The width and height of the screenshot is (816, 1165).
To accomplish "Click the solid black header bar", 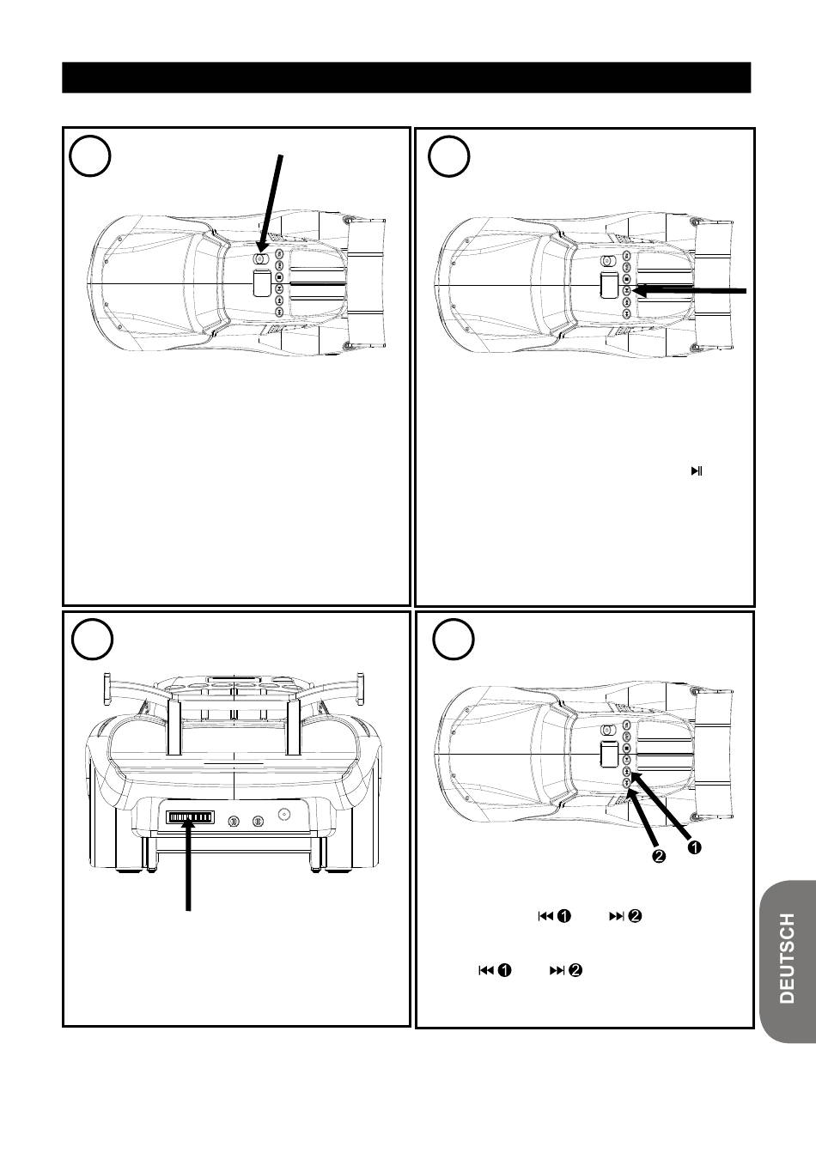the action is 406,77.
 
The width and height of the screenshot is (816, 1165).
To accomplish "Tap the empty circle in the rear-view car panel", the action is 92,640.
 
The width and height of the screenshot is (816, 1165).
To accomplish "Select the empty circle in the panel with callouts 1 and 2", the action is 454,640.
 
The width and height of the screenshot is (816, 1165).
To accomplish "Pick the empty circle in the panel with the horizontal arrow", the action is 448,156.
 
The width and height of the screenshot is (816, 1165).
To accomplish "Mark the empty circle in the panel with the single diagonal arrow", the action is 90,156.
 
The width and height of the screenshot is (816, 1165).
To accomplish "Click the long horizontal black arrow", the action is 689,291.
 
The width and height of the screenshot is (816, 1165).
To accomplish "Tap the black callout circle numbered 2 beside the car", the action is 659,856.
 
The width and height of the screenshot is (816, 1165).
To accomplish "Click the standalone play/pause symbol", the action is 697,471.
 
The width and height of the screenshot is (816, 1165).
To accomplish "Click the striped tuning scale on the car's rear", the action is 190,817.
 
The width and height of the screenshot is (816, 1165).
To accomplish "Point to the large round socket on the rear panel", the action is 284,814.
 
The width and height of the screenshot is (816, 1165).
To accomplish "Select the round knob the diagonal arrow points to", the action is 259,258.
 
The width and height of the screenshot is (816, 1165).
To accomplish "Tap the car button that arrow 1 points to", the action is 627,771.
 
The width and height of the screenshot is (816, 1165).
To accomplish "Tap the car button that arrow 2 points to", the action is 627,782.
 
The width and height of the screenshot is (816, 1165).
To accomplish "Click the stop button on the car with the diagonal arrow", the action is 279,277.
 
